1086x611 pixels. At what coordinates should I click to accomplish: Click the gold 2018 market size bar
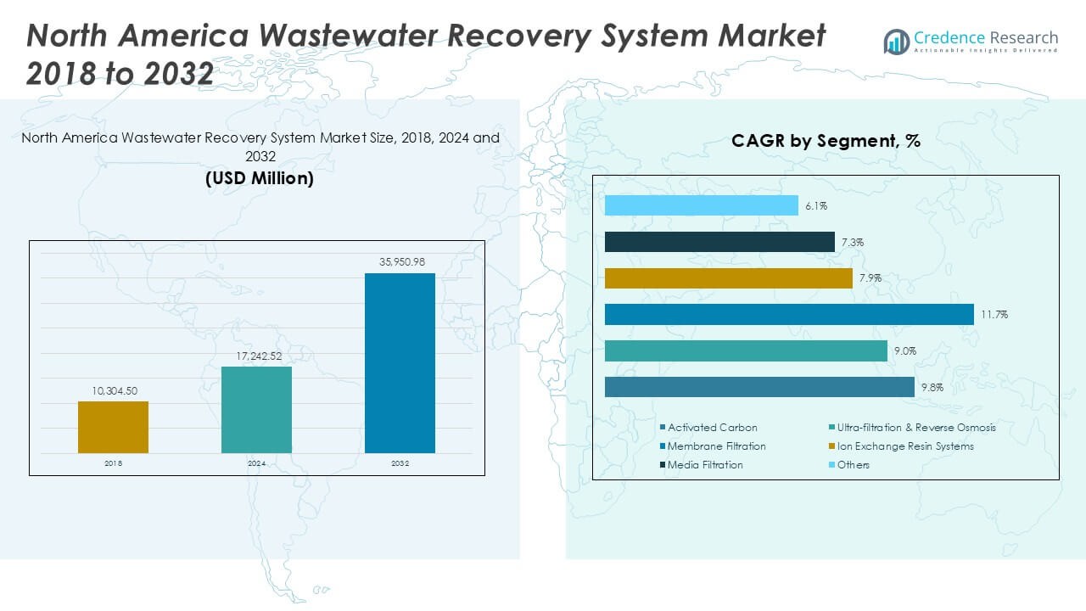(x=113, y=427)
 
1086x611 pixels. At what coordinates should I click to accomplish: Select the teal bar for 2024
(x=256, y=410)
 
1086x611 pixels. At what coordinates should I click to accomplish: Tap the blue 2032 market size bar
(x=400, y=363)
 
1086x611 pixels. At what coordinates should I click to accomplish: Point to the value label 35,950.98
(x=400, y=263)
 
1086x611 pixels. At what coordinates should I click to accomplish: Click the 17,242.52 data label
(x=256, y=356)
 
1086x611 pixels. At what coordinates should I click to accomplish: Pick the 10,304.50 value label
(x=113, y=391)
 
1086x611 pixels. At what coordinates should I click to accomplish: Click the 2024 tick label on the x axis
(x=256, y=463)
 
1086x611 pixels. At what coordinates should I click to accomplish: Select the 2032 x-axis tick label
(x=400, y=463)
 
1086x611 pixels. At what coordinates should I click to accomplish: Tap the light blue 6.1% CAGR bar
(x=702, y=205)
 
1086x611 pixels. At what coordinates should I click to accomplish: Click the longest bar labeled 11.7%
(x=789, y=314)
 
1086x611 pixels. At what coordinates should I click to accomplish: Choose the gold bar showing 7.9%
(x=729, y=278)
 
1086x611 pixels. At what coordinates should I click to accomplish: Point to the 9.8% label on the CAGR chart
(x=932, y=388)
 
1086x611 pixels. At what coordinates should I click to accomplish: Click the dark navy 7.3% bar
(x=719, y=242)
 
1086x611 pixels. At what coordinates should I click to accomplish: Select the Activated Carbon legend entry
(x=712, y=428)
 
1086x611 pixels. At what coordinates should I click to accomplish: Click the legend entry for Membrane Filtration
(x=716, y=446)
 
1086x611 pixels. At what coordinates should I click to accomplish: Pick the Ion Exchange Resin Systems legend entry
(x=905, y=446)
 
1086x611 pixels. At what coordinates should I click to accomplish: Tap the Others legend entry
(x=853, y=465)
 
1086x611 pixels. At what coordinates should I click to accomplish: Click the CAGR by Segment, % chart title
(x=826, y=142)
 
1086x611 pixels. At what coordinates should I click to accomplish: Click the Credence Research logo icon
(x=896, y=42)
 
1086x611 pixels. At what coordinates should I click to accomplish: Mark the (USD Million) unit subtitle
(x=260, y=179)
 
